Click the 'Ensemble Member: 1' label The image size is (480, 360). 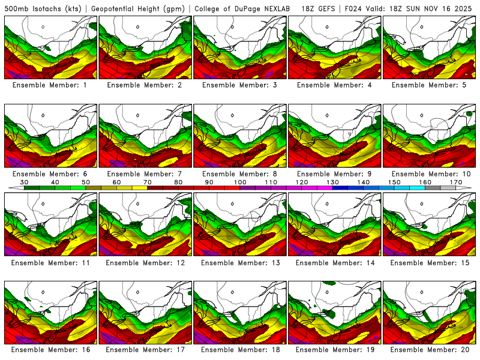(51, 85)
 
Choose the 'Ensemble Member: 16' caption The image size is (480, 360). (51, 349)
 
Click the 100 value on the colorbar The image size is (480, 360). (241, 182)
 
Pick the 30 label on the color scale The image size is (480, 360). (25, 182)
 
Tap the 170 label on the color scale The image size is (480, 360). (455, 182)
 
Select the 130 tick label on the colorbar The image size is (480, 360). (332, 182)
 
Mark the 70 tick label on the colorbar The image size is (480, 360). (148, 182)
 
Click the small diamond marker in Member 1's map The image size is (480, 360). (43, 27)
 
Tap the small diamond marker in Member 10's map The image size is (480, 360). (422, 115)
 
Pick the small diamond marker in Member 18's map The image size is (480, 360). (232, 292)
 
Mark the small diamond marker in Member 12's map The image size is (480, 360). (137, 203)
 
